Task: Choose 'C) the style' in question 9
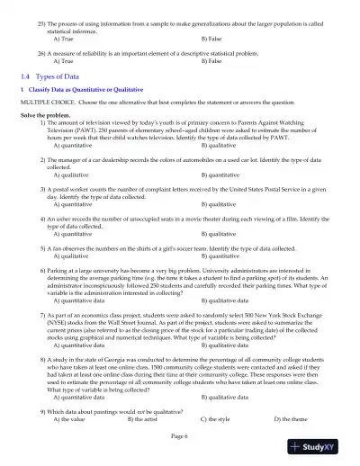214,418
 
